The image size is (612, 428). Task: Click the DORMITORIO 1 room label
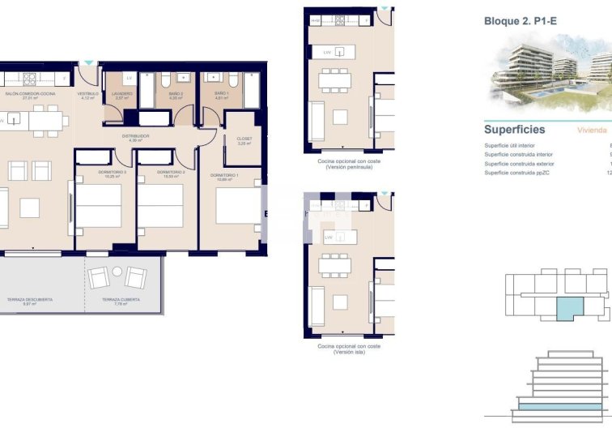click(223, 176)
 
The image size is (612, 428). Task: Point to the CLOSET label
click(244, 139)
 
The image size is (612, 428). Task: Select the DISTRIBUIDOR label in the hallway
click(136, 137)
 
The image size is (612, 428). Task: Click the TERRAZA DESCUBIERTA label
click(30, 301)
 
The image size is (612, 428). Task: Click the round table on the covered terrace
click(117, 272)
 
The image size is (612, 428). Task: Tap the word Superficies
click(514, 130)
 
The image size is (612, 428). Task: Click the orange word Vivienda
click(593, 130)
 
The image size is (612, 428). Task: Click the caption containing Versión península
click(349, 165)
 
